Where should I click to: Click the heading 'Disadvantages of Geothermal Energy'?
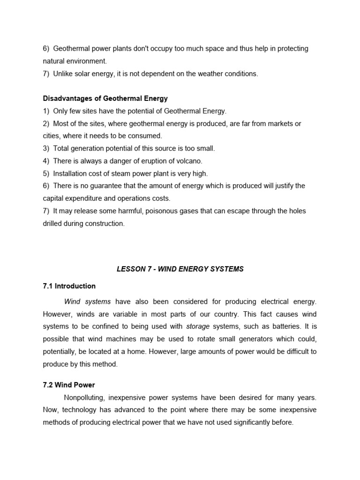(105, 98)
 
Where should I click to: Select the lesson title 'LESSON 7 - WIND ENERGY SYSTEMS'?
(180, 269)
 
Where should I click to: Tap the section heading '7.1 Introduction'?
(69, 286)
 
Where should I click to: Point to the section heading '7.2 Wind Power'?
(69, 385)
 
